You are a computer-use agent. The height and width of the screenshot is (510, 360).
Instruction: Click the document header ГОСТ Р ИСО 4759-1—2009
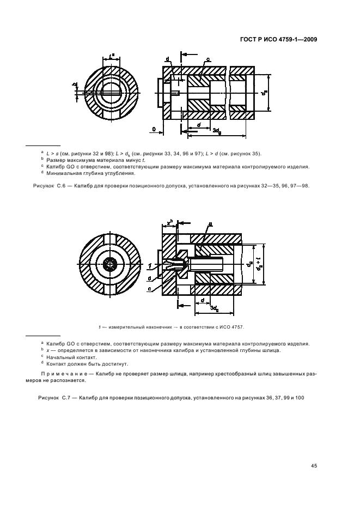click(279, 39)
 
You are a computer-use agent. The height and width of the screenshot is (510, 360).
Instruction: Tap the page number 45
click(314, 465)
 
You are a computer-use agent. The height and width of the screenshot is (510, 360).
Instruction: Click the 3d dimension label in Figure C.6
click(216, 131)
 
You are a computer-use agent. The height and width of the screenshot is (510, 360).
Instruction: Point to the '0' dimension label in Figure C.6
click(154, 129)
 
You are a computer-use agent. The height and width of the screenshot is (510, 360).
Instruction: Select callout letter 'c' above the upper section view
click(209, 59)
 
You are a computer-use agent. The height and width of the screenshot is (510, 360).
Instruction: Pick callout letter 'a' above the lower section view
click(211, 224)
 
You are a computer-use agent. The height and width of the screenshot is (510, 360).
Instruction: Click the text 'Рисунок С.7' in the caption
click(53, 398)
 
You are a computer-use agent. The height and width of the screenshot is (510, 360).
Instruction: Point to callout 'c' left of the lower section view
click(149, 288)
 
